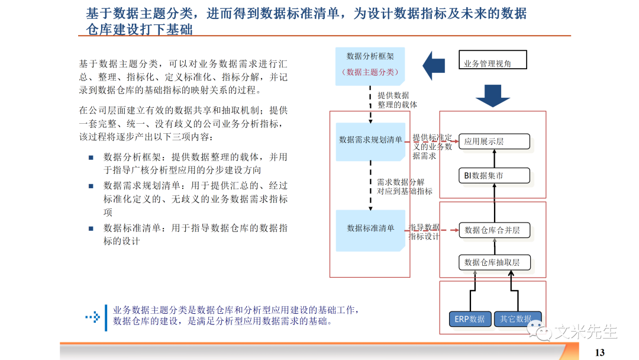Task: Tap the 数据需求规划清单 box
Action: (370, 140)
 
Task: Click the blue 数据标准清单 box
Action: (370, 229)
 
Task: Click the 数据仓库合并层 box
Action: (494, 230)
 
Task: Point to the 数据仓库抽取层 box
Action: (494, 262)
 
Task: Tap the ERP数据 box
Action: (469, 319)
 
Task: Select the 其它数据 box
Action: (517, 319)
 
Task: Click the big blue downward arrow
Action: (493, 95)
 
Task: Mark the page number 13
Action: (600, 353)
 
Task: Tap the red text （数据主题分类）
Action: (370, 72)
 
